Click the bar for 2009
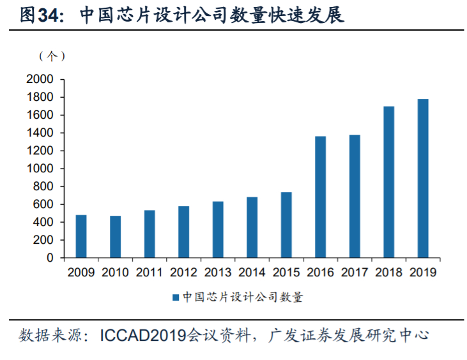coord(81,236)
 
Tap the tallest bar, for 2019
coord(423,178)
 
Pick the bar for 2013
coord(218,229)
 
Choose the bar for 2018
coord(389,182)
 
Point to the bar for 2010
coord(115,237)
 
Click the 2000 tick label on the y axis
coord(40,80)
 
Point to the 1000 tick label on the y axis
coord(40,169)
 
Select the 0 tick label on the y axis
coord(50,259)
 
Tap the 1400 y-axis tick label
coord(40,133)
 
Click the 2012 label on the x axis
coord(183,273)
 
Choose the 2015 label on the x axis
coord(286,273)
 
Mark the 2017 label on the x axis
coord(355,273)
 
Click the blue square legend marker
coord(175,297)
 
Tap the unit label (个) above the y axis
coord(52,57)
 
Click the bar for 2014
coord(252,227)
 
